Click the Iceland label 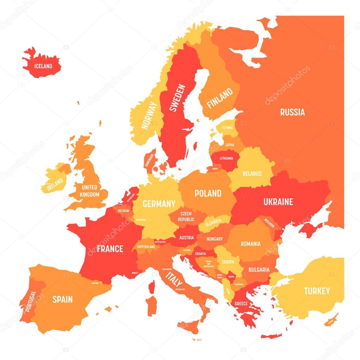[43, 66]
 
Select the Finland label [220, 98]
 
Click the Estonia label [227, 128]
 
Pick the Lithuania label [226, 158]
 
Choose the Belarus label [252, 174]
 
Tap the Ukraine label [278, 202]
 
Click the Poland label [208, 193]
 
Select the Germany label [159, 204]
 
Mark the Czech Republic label [186, 216]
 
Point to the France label [110, 249]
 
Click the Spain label [63, 300]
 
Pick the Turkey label [317, 291]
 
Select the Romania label [251, 244]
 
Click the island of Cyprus [330, 320]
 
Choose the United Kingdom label [89, 191]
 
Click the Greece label [241, 303]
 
